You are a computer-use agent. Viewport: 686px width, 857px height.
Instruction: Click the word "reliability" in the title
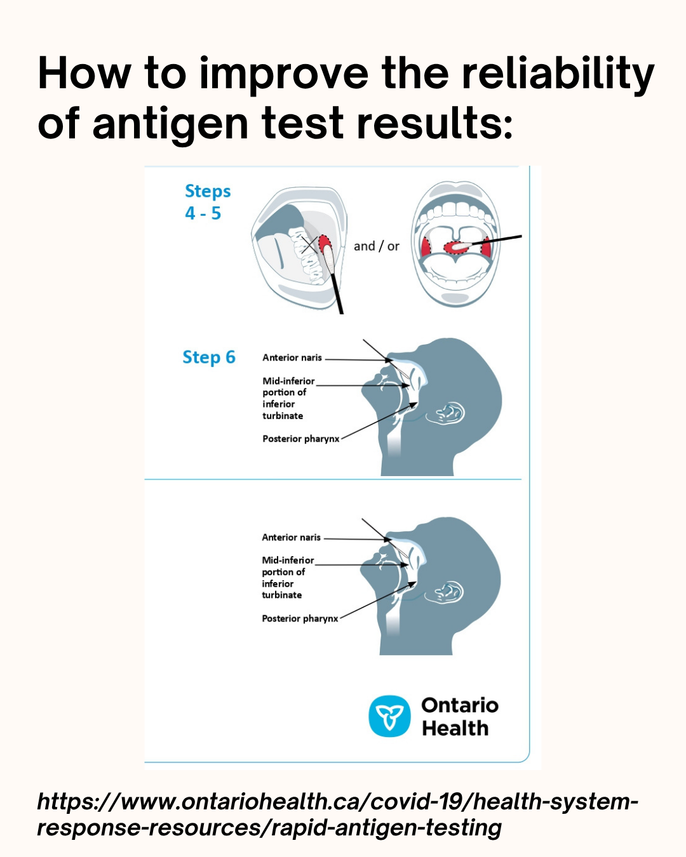pos(558,74)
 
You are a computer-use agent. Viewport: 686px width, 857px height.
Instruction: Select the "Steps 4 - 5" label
pos(208,202)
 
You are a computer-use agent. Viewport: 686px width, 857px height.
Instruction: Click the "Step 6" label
pos(209,357)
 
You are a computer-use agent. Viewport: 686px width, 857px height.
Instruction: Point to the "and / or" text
pos(376,246)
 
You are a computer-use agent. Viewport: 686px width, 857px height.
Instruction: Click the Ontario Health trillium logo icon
pos(389,716)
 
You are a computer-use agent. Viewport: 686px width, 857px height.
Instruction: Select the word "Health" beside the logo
pos(455,728)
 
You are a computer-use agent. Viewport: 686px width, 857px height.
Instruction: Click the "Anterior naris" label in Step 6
pos(292,357)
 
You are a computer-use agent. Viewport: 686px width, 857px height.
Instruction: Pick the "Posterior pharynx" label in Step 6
pos(300,439)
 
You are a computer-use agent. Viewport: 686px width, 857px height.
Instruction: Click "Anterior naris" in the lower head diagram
pos(291,537)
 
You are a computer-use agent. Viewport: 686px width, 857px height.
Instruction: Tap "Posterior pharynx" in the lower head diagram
pos(300,618)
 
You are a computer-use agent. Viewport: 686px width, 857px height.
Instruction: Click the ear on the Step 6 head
pos(446,413)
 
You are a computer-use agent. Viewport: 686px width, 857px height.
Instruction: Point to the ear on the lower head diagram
pos(445,592)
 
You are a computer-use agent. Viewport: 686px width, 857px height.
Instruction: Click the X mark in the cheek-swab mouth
pos(309,245)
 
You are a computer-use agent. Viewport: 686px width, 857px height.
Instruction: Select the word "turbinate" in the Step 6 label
pos(283,416)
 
